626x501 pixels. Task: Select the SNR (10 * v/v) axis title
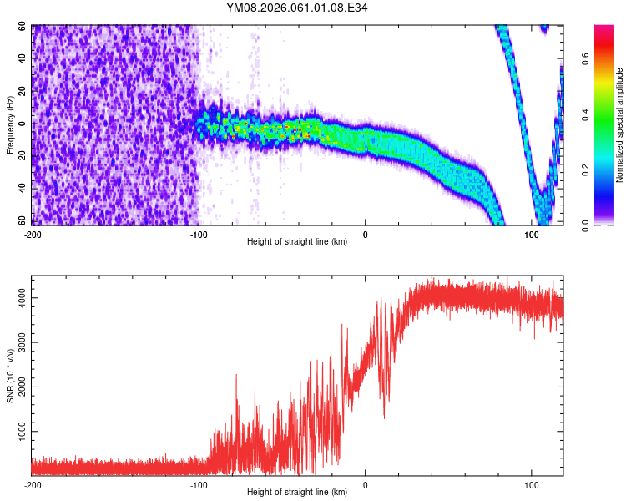[x=10, y=375]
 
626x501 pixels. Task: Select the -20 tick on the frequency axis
[x=22, y=156]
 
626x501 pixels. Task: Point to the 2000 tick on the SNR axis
[x=18, y=387]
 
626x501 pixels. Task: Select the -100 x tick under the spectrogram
[x=199, y=234]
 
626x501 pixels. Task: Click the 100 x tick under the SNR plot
[x=531, y=484]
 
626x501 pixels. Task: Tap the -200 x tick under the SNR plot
[x=33, y=484]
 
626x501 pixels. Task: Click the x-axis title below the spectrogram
[x=297, y=242]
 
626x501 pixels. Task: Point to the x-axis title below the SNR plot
[x=297, y=493]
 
